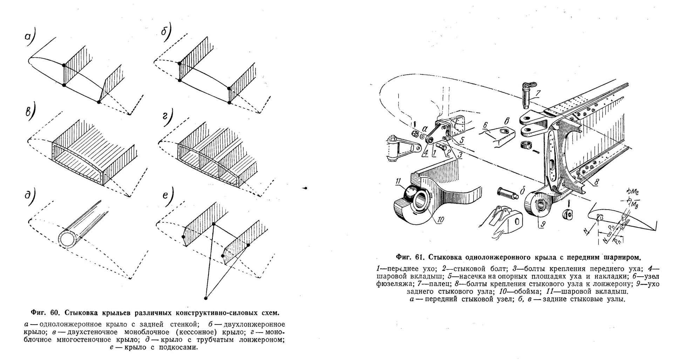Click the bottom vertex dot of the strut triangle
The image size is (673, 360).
[205, 298]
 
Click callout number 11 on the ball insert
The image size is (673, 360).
[398, 181]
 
